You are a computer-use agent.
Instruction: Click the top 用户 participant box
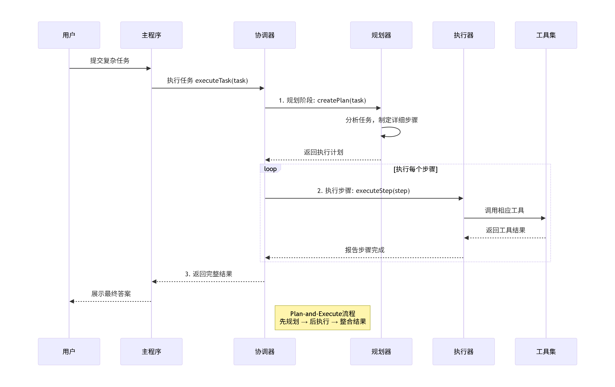click(69, 35)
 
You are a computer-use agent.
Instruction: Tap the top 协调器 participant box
click(265, 35)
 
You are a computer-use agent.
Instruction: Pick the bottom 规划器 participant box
click(381, 351)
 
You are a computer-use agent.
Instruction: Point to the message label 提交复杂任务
click(110, 61)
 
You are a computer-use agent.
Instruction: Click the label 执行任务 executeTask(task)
click(207, 81)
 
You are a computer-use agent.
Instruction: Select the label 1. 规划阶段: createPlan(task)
click(322, 100)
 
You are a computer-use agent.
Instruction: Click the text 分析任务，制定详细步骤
click(382, 120)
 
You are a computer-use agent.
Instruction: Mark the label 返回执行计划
click(323, 152)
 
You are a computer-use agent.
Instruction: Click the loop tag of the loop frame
click(270, 169)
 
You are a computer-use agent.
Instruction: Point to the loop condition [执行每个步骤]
click(415, 169)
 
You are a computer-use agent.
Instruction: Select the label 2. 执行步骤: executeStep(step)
click(363, 191)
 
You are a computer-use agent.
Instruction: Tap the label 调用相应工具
click(504, 210)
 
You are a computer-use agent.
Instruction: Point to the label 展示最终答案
click(111, 294)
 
